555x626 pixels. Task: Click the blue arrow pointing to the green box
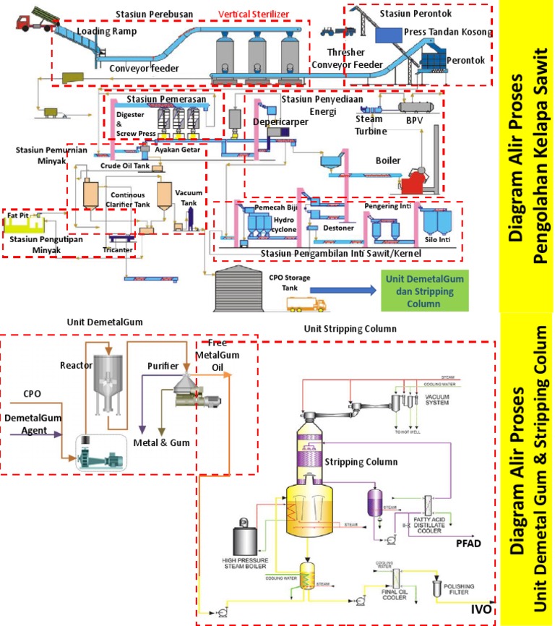[x=335, y=288]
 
